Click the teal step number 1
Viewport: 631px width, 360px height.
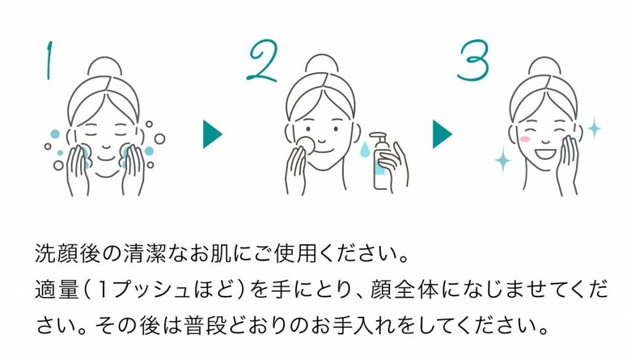(x=49, y=60)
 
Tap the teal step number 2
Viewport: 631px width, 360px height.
(x=262, y=61)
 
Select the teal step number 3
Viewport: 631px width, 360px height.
(x=473, y=60)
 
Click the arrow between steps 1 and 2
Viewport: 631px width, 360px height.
(x=213, y=134)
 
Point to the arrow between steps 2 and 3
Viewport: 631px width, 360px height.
(x=442, y=134)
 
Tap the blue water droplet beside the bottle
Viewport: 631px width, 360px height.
(x=365, y=149)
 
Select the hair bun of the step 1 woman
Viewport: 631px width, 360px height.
(x=105, y=67)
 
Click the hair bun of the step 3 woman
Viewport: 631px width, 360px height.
(x=545, y=67)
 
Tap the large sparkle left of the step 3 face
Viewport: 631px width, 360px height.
(x=503, y=160)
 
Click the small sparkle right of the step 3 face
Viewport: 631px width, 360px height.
(x=593, y=128)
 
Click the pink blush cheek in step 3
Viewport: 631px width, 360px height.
(x=525, y=139)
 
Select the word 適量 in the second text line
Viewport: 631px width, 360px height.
(x=57, y=289)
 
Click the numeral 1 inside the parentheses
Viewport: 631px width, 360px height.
(x=103, y=290)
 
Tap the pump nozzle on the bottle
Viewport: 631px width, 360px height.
(x=378, y=135)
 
